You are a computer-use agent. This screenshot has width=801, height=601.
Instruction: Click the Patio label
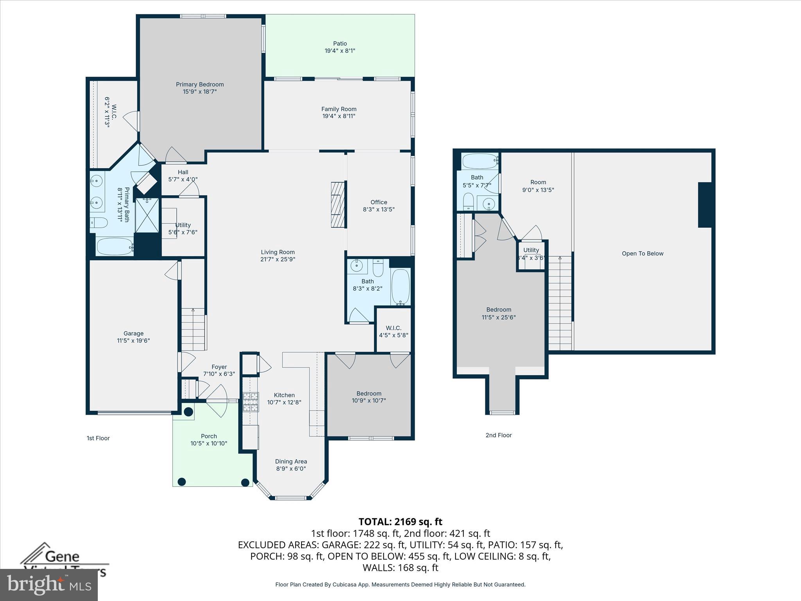coord(340,43)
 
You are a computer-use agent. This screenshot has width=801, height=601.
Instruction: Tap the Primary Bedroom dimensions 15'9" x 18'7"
coord(199,92)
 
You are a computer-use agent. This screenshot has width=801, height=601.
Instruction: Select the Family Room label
coord(339,109)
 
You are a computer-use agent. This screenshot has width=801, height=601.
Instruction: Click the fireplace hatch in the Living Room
coord(338,205)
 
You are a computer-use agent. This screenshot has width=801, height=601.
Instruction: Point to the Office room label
coord(379,202)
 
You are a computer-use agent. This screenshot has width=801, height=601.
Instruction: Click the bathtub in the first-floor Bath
coord(400,287)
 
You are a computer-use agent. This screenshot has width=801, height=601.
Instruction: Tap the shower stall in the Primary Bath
coord(147,215)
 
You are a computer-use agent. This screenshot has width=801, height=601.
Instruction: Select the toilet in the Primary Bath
coord(99,223)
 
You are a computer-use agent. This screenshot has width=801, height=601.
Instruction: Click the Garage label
coord(133,333)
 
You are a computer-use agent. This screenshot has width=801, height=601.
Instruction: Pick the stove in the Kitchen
coord(251,402)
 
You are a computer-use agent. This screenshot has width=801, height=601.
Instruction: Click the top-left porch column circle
coord(188,412)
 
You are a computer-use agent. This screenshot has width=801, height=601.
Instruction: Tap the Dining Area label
coord(291,461)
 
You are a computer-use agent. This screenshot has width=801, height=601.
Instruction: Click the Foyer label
coord(219,367)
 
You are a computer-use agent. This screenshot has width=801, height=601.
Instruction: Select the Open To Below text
coord(643,254)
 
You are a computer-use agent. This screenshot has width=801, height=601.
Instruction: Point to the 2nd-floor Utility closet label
coord(531,250)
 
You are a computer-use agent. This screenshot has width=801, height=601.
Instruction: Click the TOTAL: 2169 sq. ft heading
coord(400,522)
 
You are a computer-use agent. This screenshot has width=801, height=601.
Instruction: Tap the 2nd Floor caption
coord(498,435)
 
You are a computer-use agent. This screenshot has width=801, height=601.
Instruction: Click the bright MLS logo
coord(48,585)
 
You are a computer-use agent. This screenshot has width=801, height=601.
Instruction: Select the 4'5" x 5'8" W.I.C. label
coord(393,335)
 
